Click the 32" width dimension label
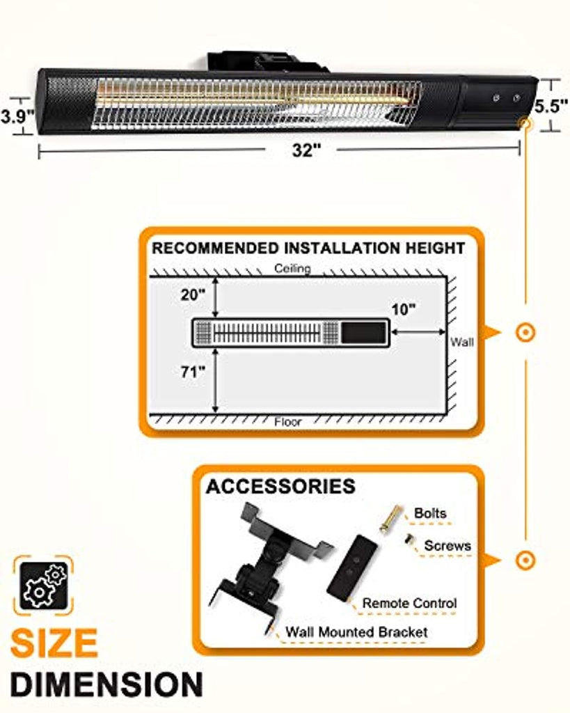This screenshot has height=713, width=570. point(306,149)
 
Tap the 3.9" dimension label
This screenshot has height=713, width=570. point(17,116)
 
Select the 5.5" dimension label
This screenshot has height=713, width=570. point(551,106)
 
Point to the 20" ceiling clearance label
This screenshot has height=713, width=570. point(193,295)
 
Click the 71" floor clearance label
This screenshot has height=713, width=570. point(193,372)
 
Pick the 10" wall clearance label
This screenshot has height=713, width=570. point(404,310)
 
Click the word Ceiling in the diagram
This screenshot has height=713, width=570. point(293,268)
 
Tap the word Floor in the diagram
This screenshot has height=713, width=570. point(287,423)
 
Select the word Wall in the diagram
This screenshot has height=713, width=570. point(462,342)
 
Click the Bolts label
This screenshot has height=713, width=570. point(430,513)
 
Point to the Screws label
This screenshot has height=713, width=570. point(448,545)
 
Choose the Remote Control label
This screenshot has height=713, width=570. point(409,603)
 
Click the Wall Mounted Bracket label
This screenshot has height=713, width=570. point(356,632)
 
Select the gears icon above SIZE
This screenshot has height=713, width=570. point(43,585)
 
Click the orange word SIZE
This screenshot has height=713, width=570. point(54,643)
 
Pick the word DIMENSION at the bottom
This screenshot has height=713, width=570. point(106,684)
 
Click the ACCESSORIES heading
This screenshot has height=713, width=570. point(280,486)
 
